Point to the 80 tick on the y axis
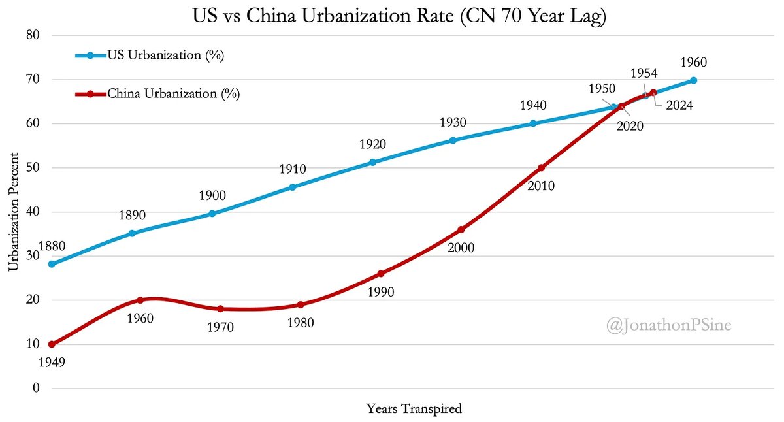pyautogui.click(x=33, y=35)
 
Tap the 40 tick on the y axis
pyautogui.click(x=33, y=212)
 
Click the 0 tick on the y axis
pyautogui.click(x=36, y=388)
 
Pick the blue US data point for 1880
pyautogui.click(x=52, y=264)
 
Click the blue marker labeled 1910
pyautogui.click(x=292, y=187)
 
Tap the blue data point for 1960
pyautogui.click(x=693, y=80)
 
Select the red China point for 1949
pyautogui.click(x=52, y=344)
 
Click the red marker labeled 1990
pyautogui.click(x=381, y=274)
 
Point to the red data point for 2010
pyautogui.click(x=541, y=168)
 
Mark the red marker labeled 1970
pyautogui.click(x=220, y=309)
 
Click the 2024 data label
pyautogui.click(x=679, y=105)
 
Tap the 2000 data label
pyautogui.click(x=461, y=248)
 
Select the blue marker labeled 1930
pyautogui.click(x=453, y=140)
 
